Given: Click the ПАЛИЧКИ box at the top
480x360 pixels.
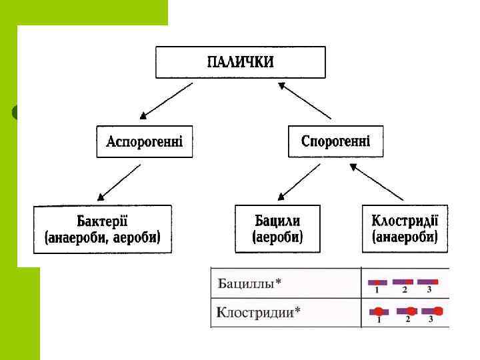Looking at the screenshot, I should pyautogui.click(x=241, y=62).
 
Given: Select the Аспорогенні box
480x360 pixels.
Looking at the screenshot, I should pyautogui.click(x=144, y=141).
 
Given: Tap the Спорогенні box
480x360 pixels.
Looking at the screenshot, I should pyautogui.click(x=335, y=141).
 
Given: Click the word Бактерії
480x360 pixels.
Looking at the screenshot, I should pyautogui.click(x=102, y=221).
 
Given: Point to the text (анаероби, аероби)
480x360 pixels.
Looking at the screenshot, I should pyautogui.click(x=102, y=237).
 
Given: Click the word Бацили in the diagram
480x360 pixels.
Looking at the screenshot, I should pyautogui.click(x=277, y=221).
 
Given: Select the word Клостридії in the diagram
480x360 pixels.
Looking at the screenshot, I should pyautogui.click(x=405, y=221).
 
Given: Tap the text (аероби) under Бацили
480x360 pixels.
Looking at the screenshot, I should pyautogui.click(x=277, y=237).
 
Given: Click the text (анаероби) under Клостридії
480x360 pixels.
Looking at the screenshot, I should pyautogui.click(x=405, y=237).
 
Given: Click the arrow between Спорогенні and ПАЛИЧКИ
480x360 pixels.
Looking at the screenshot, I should pyautogui.click(x=305, y=100).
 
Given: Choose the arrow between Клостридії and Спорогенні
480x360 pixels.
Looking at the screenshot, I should pyautogui.click(x=377, y=183).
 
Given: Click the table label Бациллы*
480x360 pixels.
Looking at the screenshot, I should pyautogui.click(x=250, y=283).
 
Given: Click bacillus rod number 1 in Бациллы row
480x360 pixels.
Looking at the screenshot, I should pyautogui.click(x=377, y=282).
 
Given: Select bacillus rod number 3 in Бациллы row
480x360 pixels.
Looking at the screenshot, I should pyautogui.click(x=427, y=282).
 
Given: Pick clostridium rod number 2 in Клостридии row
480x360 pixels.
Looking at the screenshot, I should pyautogui.click(x=407, y=311).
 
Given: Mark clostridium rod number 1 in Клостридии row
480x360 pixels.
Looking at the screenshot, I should pyautogui.click(x=378, y=311).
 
